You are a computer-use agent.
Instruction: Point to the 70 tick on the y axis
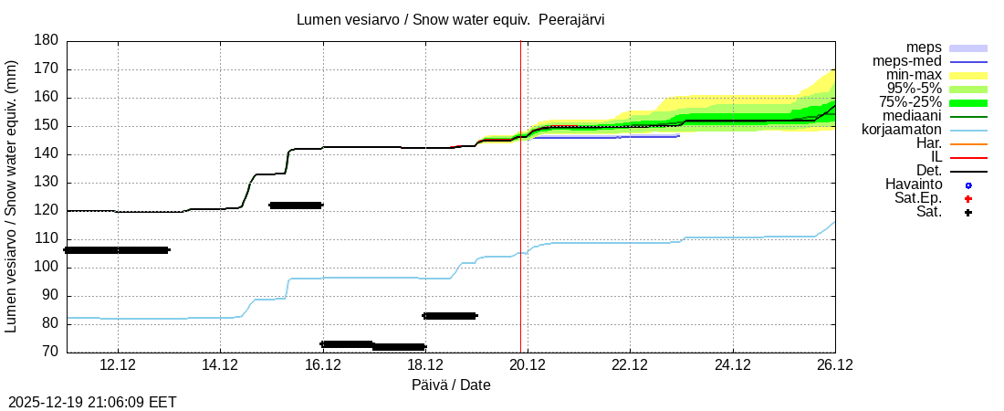point(51,352)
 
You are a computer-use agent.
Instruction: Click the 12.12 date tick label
point(118,365)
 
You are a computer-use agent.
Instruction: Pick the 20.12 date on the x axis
point(527,365)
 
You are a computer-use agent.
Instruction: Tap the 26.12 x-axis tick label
point(834,365)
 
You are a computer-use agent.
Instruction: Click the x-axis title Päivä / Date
point(451,385)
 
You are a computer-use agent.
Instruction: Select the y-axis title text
point(13,196)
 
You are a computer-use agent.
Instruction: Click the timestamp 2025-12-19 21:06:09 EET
point(92,402)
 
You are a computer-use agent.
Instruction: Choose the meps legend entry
point(924,47)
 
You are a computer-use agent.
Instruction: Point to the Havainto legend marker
point(968,185)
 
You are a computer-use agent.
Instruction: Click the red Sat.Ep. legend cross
point(968,199)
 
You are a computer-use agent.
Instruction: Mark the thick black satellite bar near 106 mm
point(117,250)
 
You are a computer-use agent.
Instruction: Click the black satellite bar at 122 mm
point(296,205)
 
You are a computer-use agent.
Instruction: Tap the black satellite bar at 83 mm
point(450,316)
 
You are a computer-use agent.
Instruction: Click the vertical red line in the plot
point(520,228)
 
